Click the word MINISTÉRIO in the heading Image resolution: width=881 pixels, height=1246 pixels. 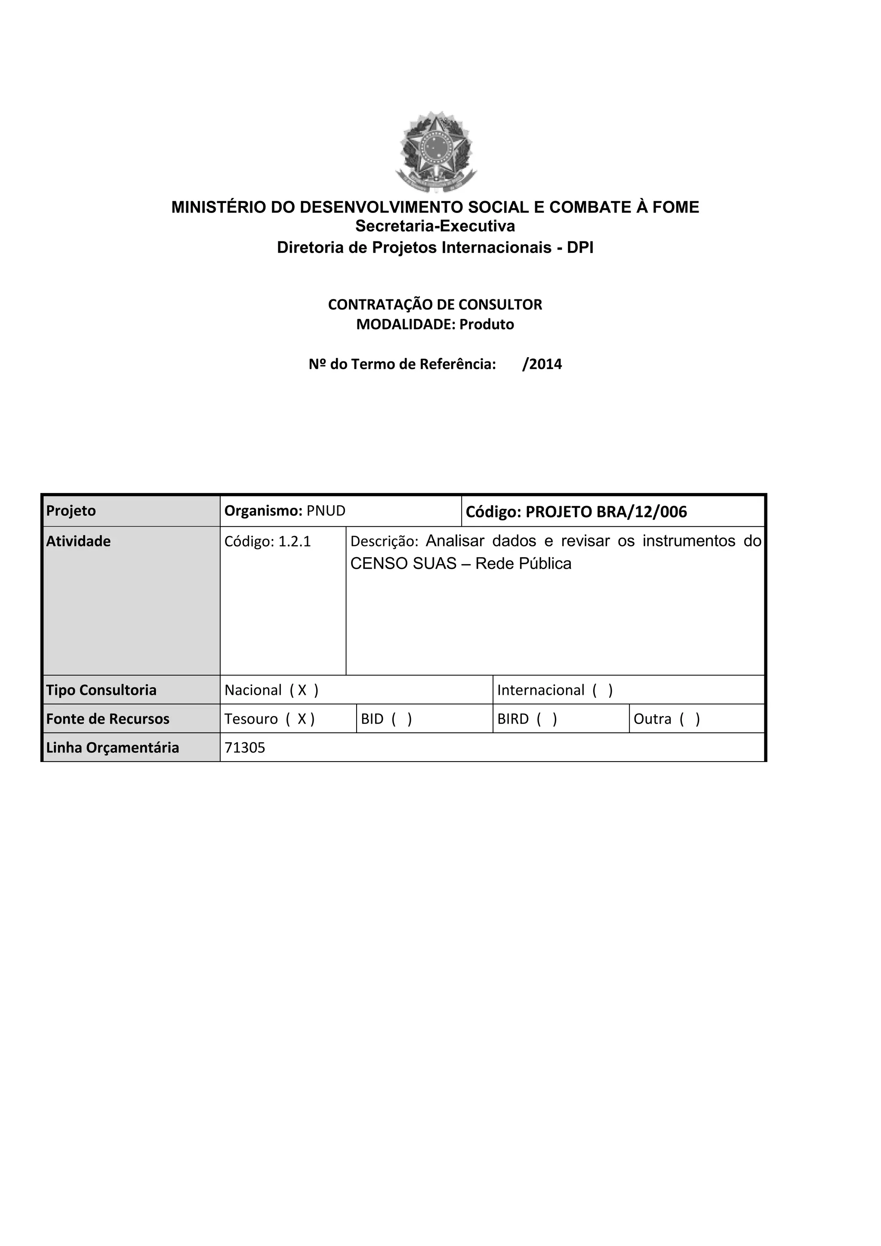[219, 207]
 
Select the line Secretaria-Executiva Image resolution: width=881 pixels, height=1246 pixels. [435, 226]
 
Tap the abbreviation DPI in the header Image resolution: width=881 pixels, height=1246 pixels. [580, 248]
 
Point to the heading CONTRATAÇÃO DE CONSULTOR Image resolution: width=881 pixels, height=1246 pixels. [435, 305]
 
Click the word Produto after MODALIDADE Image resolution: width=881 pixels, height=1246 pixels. [487, 324]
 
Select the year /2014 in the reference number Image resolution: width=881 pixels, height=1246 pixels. [542, 364]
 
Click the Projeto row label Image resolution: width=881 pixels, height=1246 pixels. [71, 511]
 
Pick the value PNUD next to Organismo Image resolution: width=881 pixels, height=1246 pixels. [326, 511]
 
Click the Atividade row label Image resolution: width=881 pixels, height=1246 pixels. [78, 541]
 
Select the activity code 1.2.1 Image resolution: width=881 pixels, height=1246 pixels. [295, 542]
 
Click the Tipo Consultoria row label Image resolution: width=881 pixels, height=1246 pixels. [101, 690]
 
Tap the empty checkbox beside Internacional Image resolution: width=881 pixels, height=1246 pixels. [602, 690]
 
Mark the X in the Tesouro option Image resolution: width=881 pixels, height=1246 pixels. [302, 719]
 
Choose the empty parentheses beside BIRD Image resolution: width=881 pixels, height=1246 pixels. [547, 719]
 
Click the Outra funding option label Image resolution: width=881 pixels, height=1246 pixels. [652, 719]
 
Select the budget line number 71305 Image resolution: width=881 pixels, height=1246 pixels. [245, 748]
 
